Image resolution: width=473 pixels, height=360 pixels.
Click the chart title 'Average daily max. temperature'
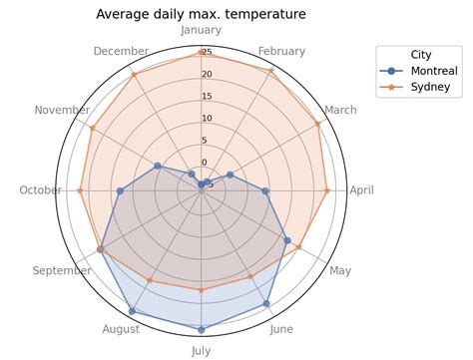click(x=201, y=14)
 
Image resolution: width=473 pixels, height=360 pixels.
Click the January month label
click(x=202, y=31)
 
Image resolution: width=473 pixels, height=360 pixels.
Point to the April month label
click(x=361, y=190)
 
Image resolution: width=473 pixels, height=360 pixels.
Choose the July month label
click(x=202, y=350)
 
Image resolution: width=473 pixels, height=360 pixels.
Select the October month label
click(x=41, y=190)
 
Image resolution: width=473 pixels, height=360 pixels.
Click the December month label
click(x=121, y=52)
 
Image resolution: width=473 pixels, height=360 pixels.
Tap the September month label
click(x=62, y=270)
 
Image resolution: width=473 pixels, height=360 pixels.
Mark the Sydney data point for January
click(x=202, y=53)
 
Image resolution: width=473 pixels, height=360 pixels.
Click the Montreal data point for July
click(x=202, y=329)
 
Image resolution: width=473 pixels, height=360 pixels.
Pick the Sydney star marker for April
click(x=326, y=190)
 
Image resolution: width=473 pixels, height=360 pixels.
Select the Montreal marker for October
click(x=120, y=190)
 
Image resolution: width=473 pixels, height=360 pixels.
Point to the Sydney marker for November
click(x=91, y=128)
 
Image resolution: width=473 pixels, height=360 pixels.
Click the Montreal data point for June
click(x=266, y=303)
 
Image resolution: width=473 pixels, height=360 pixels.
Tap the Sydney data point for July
click(x=202, y=290)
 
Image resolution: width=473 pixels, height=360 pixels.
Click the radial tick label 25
click(x=207, y=53)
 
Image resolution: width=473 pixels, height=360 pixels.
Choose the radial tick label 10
click(x=207, y=119)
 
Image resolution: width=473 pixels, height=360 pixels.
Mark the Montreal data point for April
click(x=265, y=190)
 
